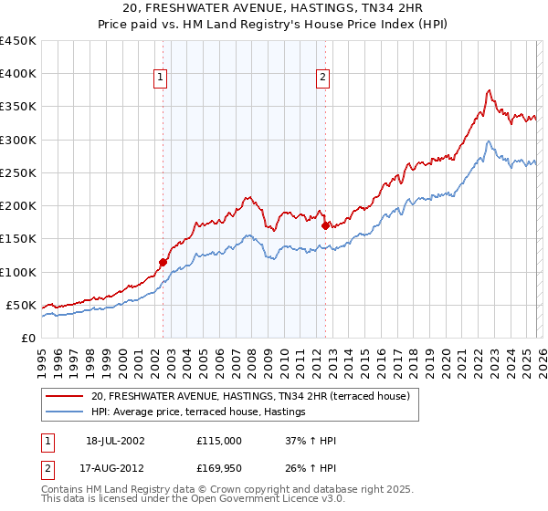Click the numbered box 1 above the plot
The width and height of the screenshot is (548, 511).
[x=161, y=78]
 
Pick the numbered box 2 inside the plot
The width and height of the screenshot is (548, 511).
[x=323, y=78]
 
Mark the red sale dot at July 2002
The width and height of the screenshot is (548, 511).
[x=163, y=262]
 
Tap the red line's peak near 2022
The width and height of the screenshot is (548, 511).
[x=490, y=89]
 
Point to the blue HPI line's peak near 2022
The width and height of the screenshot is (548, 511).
[x=490, y=141]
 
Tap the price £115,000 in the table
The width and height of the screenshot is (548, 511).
[x=219, y=440]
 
